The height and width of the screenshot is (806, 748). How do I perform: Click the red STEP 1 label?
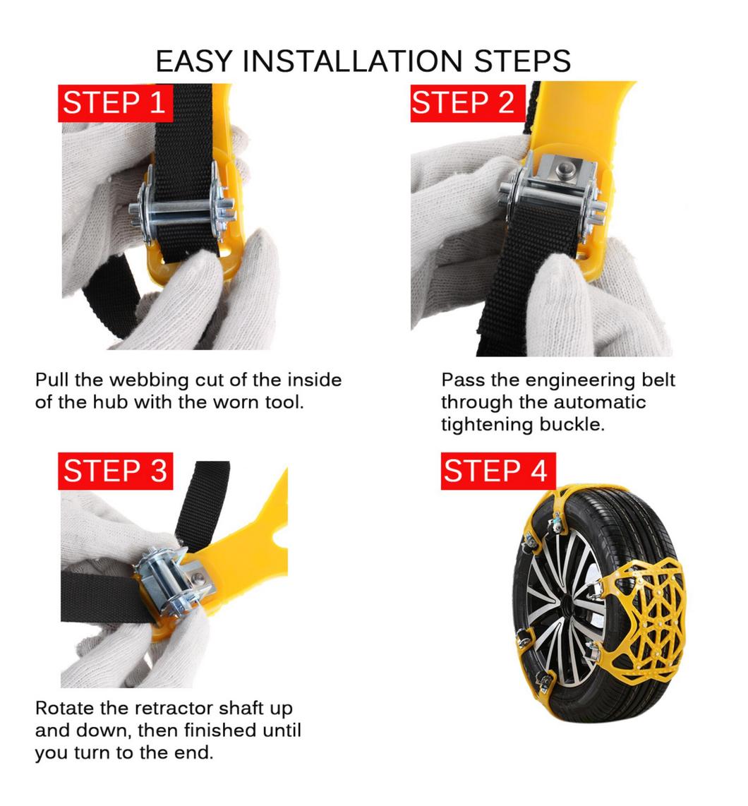coord(115,103)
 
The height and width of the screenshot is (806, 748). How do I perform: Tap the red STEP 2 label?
coord(467,103)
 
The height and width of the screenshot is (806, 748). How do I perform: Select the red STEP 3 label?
coord(115,471)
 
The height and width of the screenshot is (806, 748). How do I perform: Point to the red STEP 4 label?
coord(498,471)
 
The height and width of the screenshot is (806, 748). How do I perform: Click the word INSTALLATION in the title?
coord(352,61)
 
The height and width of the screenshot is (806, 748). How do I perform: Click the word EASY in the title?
coord(194,61)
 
